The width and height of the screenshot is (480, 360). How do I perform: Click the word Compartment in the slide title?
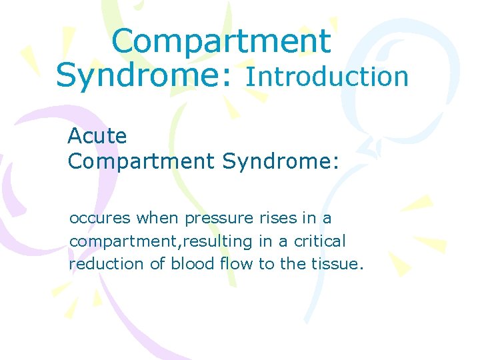(x=221, y=41)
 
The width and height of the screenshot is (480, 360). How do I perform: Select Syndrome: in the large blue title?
(x=145, y=75)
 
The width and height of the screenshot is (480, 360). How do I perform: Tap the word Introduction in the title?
(x=327, y=77)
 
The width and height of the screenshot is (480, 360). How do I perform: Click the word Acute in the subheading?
(x=97, y=136)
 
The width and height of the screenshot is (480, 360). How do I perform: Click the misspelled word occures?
(x=101, y=219)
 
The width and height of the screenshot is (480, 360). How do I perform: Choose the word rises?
(x=277, y=219)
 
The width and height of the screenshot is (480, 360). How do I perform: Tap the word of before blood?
(x=157, y=264)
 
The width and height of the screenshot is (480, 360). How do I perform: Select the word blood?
(x=192, y=264)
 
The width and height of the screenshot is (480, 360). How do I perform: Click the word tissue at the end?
(x=338, y=264)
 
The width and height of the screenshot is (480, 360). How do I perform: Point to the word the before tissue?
(x=293, y=264)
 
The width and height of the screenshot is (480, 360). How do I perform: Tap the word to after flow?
(x=266, y=264)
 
